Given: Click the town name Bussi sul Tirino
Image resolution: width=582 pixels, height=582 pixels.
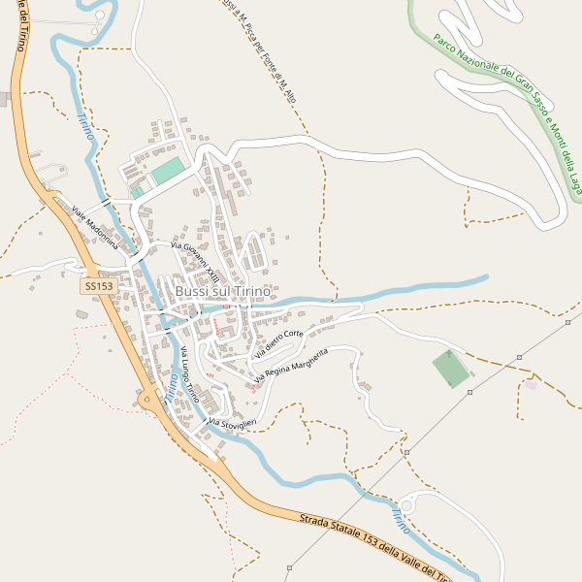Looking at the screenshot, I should click(x=222, y=291).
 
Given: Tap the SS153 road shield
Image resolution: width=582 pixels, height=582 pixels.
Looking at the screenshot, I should click(x=98, y=286).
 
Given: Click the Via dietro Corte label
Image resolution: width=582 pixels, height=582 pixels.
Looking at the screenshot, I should click(x=278, y=340).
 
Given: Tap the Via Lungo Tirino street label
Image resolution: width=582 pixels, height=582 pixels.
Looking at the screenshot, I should click(x=189, y=374).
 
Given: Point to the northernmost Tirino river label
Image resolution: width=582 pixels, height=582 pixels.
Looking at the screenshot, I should click(x=85, y=127).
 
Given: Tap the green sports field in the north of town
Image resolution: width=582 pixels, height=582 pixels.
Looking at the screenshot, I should click(x=167, y=172).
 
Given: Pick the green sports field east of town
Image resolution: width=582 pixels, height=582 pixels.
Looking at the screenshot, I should click(x=450, y=369).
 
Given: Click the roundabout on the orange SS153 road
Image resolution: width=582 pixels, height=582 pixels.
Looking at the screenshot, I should click(x=148, y=399).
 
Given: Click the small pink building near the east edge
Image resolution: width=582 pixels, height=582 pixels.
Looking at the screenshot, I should click(x=531, y=385).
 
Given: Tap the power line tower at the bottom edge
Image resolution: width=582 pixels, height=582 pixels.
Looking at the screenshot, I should click(x=289, y=567).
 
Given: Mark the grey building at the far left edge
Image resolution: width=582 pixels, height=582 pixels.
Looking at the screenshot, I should click(x=3, y=99).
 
